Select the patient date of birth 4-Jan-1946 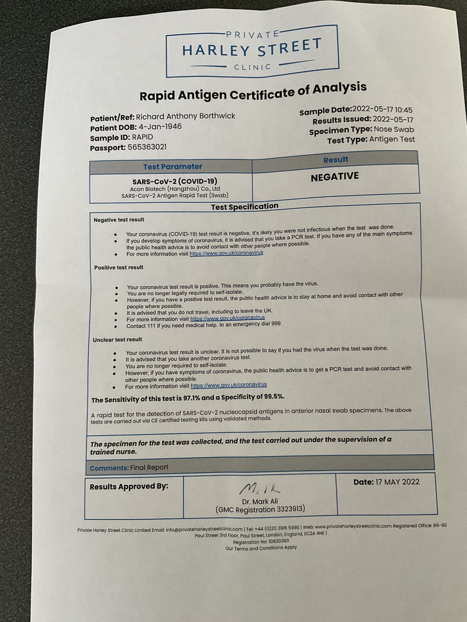pos(160,127)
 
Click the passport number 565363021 pos(147,147)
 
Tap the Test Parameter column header pos(172,167)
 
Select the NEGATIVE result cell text pos(335,177)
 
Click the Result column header pos(336,160)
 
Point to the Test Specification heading pos(245,207)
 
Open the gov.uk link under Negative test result pos(226,253)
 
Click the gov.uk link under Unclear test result pos(229,385)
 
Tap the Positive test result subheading pos(119,268)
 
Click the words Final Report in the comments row pos(149,467)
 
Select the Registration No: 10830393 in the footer pos(261,541)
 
